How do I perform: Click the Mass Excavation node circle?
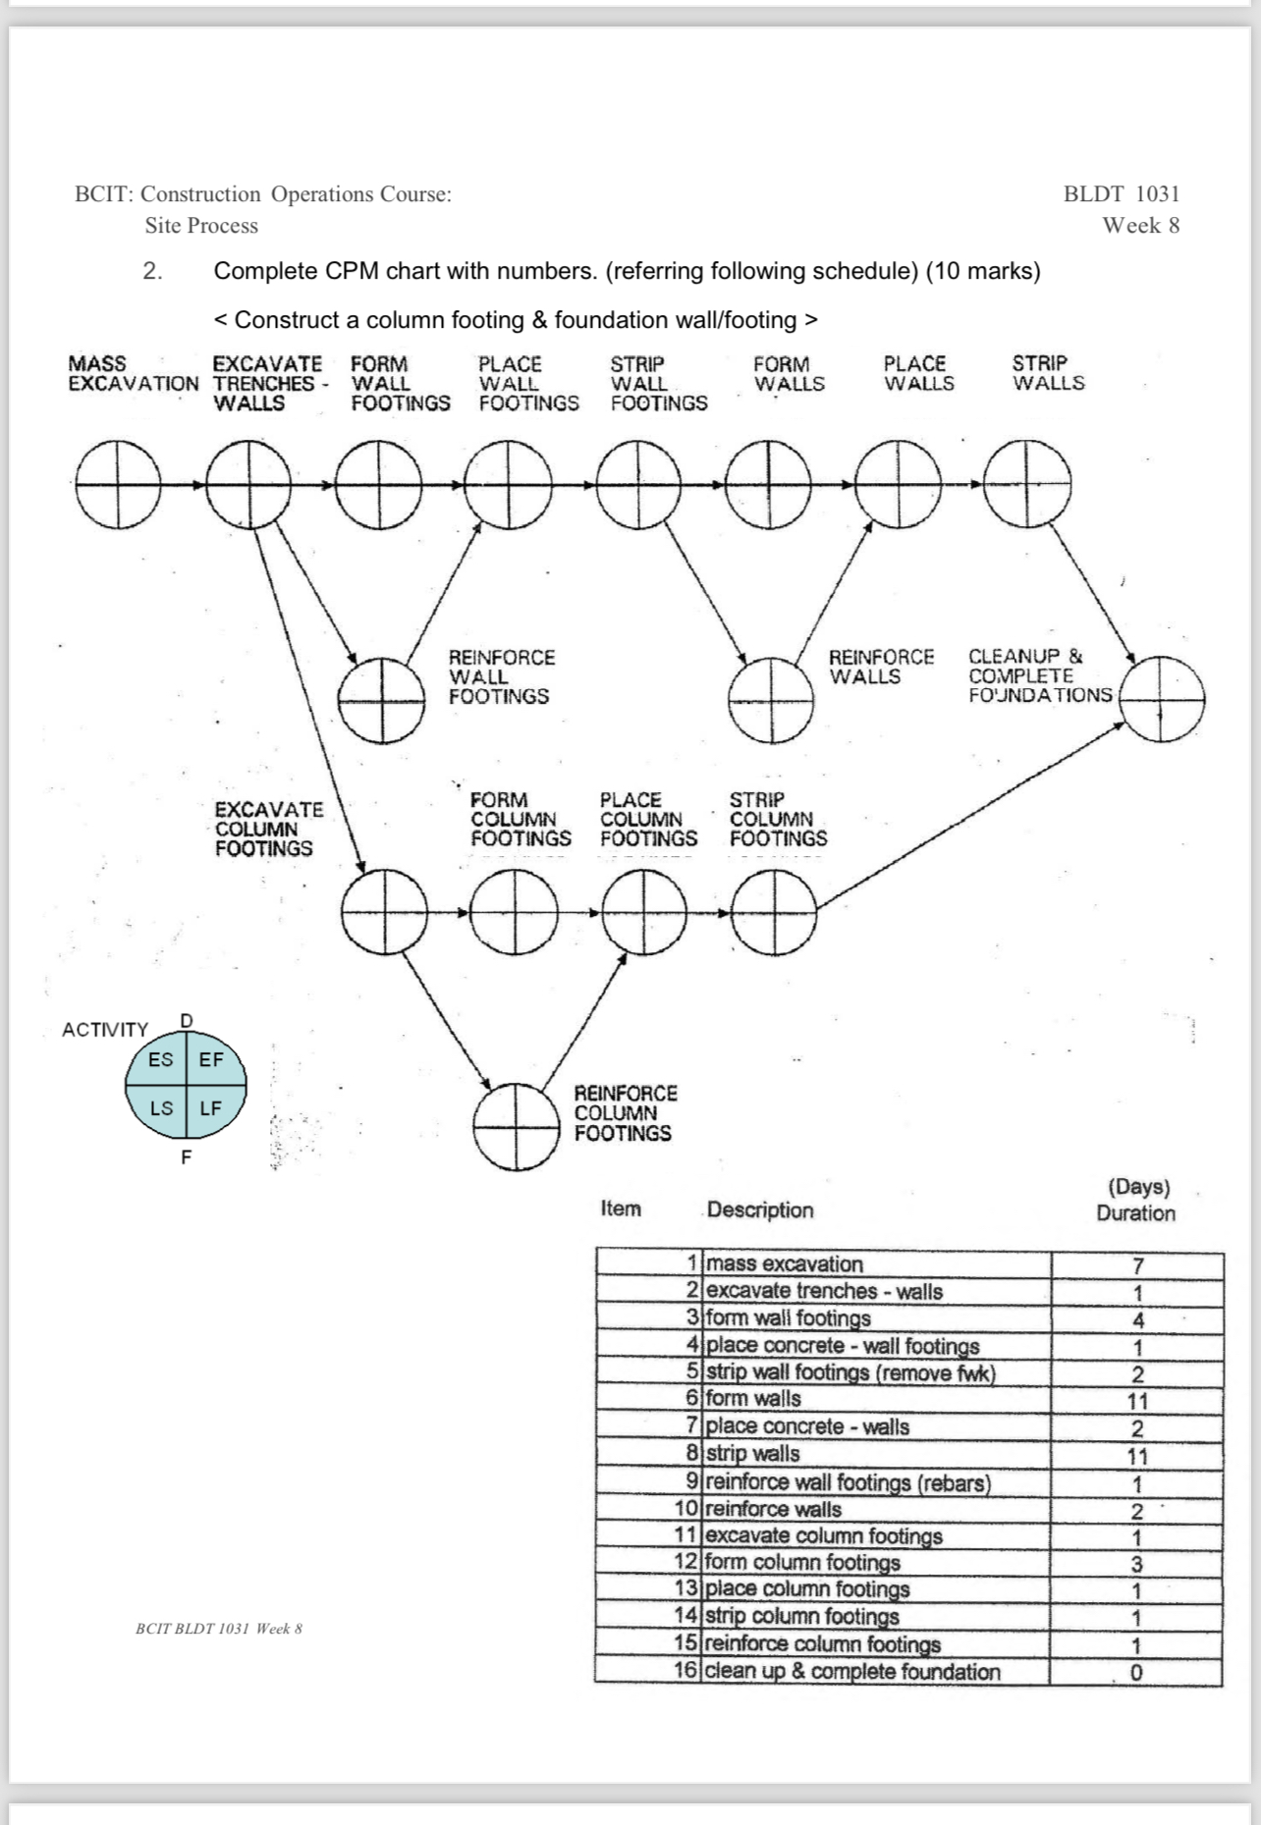pyautogui.click(x=118, y=484)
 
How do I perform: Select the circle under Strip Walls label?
pyautogui.click(x=1027, y=483)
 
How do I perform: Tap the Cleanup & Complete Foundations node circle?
pyautogui.click(x=1162, y=699)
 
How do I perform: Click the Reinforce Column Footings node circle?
pyautogui.click(x=516, y=1127)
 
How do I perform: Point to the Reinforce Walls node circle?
pyautogui.click(x=771, y=700)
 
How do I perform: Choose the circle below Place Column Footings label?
pyautogui.click(x=644, y=913)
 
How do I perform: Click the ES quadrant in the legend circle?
pyautogui.click(x=160, y=1060)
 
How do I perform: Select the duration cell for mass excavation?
pyautogui.click(x=1137, y=1265)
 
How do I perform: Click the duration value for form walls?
pyautogui.click(x=1137, y=1401)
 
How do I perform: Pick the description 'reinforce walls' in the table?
pyautogui.click(x=774, y=1509)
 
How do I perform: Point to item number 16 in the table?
pyautogui.click(x=685, y=1670)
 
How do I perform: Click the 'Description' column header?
pyautogui.click(x=760, y=1209)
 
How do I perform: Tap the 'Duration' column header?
pyautogui.click(x=1135, y=1213)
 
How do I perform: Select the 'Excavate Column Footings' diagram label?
pyautogui.click(x=268, y=829)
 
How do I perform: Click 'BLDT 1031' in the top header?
pyautogui.click(x=1122, y=193)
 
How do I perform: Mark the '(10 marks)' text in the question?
pyautogui.click(x=983, y=271)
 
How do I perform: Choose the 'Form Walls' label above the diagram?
pyautogui.click(x=789, y=374)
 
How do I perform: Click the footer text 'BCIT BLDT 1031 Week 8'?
pyautogui.click(x=219, y=1629)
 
